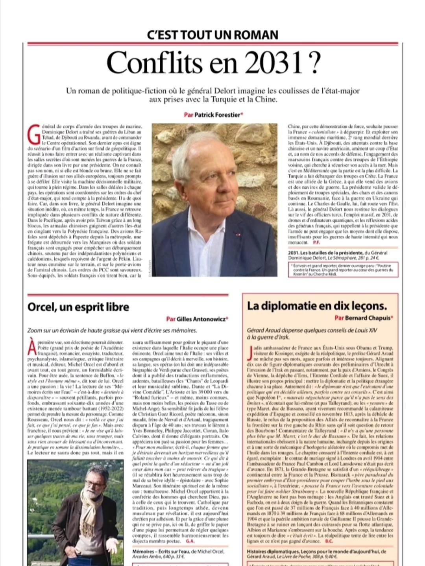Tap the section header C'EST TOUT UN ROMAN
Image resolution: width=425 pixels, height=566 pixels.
tap(213, 35)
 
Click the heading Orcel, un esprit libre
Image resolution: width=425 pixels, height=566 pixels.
tap(78, 307)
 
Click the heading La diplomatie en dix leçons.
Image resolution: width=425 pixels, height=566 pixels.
tap(317, 306)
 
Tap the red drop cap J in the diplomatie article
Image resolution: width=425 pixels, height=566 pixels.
tap(248, 353)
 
